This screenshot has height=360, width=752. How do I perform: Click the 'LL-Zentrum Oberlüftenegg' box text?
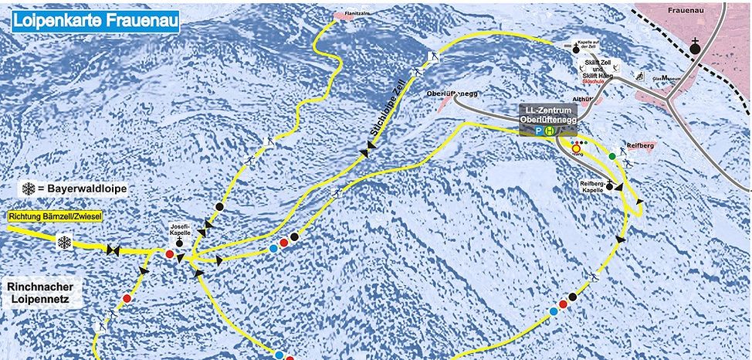coord(548,114)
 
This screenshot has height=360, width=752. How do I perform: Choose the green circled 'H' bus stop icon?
coord(550,131)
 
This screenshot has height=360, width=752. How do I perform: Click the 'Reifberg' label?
coord(641,145)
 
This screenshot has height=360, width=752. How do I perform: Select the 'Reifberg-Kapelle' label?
coord(595,186)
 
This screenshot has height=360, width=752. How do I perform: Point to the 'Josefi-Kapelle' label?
coord(180,229)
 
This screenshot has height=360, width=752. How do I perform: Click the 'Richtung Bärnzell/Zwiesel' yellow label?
coord(56,216)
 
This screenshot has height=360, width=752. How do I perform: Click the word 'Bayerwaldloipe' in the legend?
coord(86,188)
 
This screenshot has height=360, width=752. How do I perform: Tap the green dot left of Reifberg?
coord(612,156)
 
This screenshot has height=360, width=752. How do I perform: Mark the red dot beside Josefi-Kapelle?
coord(170,253)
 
